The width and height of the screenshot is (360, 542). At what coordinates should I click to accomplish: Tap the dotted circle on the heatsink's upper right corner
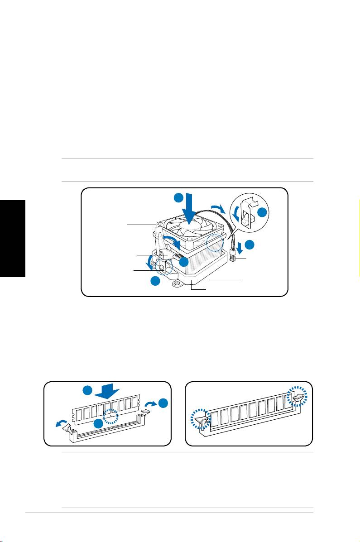coord(215,243)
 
